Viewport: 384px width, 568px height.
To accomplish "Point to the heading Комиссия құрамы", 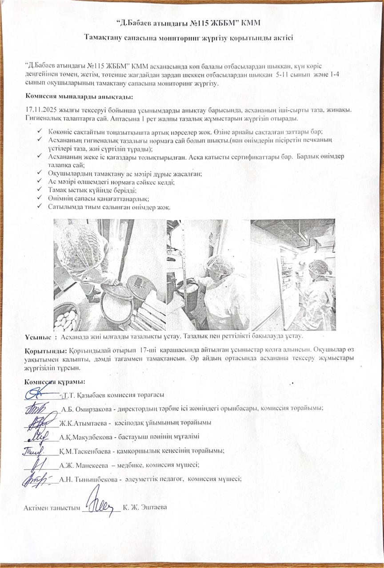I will click(x=55, y=382).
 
